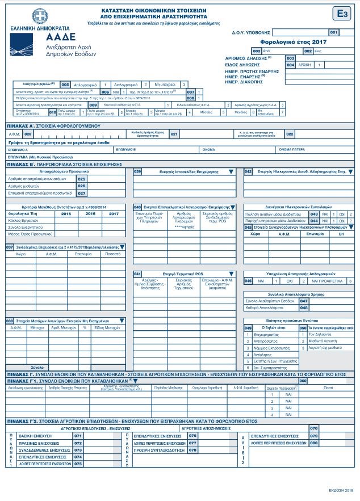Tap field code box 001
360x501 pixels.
[333, 32]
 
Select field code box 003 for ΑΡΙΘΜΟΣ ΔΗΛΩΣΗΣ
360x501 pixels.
[290, 58]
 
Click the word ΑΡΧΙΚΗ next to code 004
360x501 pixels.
[306, 65]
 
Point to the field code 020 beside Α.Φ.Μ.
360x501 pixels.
[27, 134]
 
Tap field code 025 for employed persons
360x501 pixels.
[81, 179]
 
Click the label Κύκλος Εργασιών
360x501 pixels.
[23, 220]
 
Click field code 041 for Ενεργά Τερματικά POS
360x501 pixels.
[137, 273]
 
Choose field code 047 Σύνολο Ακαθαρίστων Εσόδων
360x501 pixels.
[304, 301]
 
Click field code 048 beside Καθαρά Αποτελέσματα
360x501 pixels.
[304, 308]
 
